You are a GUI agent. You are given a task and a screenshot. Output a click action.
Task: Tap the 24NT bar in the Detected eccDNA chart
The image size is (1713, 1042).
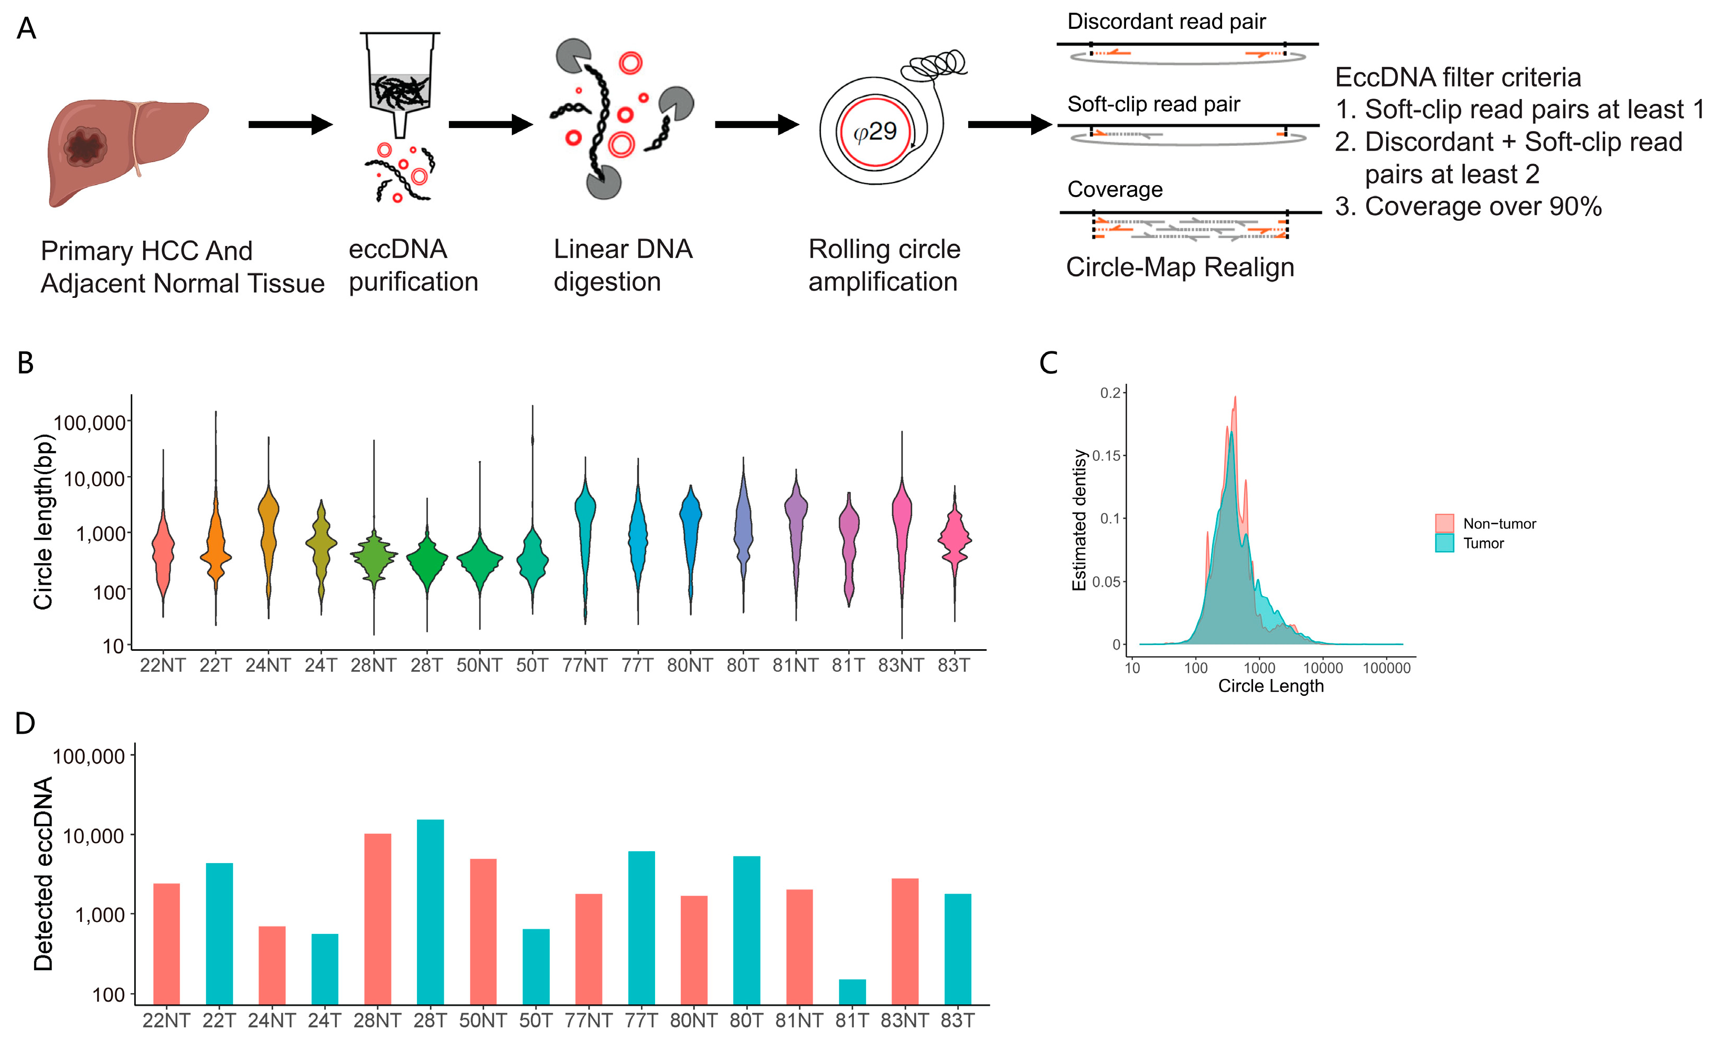tap(272, 965)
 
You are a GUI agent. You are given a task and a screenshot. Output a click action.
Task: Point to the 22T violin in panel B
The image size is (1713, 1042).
tap(216, 549)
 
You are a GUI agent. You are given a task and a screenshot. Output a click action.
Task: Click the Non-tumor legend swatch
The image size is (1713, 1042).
tap(1444, 523)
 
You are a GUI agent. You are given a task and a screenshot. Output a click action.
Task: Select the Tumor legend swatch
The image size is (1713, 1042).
tap(1444, 543)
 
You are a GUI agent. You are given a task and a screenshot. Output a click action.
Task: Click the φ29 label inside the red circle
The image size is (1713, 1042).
tap(875, 132)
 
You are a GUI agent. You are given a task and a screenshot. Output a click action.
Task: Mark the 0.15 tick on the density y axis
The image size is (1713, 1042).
tap(1108, 456)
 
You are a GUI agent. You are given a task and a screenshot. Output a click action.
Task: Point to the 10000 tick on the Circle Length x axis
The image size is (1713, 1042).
tap(1322, 668)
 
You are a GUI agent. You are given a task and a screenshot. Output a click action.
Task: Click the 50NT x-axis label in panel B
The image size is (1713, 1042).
tap(479, 666)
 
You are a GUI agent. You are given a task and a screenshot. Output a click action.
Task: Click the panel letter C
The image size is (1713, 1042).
tap(1048, 363)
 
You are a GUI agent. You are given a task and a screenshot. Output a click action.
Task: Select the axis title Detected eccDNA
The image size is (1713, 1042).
tap(43, 873)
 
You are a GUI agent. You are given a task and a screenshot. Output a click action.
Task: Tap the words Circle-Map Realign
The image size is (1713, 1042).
tap(1180, 267)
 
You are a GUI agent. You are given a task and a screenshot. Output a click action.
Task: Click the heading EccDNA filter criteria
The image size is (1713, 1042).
tap(1458, 77)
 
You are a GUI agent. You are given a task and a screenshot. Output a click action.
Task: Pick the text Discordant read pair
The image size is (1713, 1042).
tap(1166, 22)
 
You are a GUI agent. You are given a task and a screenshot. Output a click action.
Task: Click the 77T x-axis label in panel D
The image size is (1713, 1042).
tap(641, 1020)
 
